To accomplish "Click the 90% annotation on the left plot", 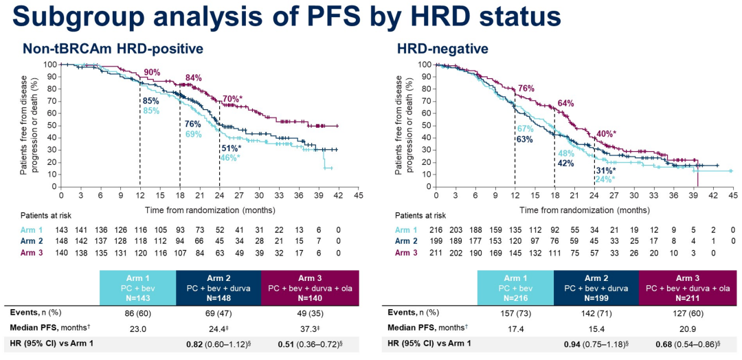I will (152, 73).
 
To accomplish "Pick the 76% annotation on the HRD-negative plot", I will (526, 89).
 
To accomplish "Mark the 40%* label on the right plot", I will (605, 134).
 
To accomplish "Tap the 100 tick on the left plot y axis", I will (51, 65).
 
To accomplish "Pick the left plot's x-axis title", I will (210, 208).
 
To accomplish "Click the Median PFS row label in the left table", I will (49, 328).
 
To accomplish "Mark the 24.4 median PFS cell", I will (218, 328).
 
